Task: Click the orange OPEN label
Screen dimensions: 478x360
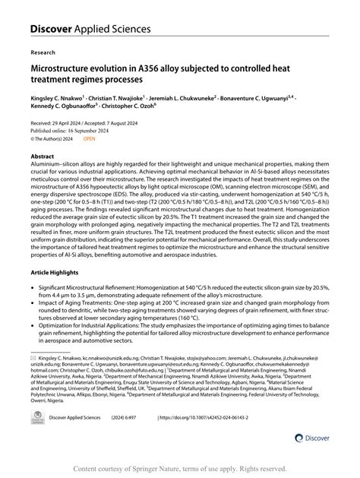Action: coord(90,139)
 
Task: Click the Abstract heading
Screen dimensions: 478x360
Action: coord(43,155)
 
